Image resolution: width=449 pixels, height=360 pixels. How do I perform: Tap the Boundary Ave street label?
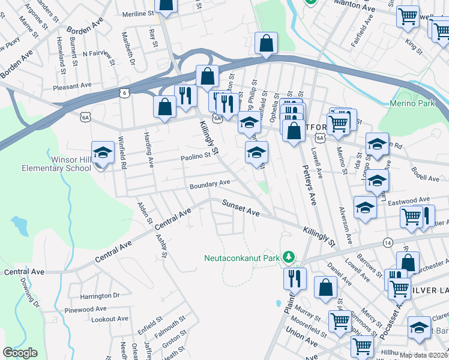211,182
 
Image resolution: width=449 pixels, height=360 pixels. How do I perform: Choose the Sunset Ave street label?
241,208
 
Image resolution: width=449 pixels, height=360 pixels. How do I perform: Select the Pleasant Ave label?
71,87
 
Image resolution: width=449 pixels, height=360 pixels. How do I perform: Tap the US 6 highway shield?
123,93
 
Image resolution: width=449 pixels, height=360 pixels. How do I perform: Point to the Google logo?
20,353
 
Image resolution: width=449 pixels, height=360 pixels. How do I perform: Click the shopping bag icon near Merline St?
166,5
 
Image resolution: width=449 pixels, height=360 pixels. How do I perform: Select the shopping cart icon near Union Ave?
340,322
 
